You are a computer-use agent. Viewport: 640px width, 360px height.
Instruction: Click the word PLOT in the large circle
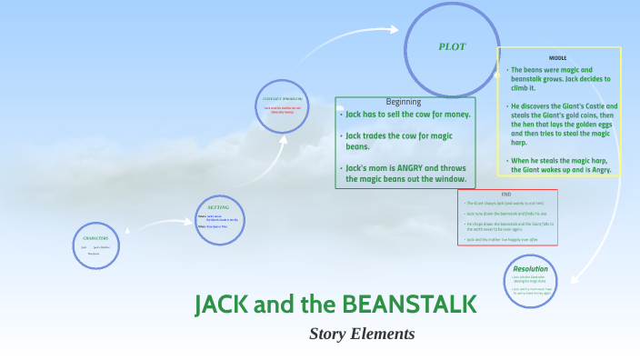coord(452,46)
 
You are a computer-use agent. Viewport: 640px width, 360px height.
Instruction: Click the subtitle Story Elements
coord(362,334)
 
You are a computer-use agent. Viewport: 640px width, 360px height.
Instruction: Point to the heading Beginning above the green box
coord(404,102)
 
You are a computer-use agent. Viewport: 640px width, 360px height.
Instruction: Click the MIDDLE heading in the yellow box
coord(558,56)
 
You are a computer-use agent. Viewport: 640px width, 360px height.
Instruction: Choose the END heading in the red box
coord(506,195)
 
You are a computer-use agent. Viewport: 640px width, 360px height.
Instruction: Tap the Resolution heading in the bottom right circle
coord(530,269)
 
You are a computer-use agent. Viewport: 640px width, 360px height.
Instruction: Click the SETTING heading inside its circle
coord(218,207)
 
